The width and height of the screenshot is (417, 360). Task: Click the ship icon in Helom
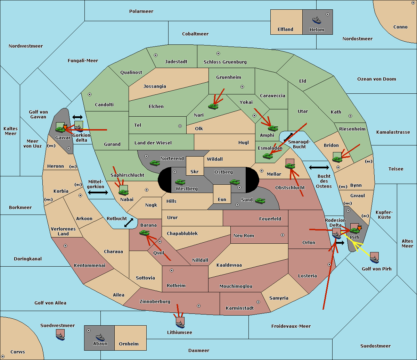point(317,20)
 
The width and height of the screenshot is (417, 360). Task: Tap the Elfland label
point(285,30)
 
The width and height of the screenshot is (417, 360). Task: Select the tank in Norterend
point(155,162)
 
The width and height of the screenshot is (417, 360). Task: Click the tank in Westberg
point(180,182)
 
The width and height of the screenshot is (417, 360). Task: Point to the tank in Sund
point(260,201)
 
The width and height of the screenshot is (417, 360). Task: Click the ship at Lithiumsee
point(180,323)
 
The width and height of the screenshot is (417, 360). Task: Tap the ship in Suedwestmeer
point(60,335)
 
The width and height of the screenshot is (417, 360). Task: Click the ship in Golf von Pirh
point(374,258)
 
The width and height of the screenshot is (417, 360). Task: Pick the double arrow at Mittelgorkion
point(98,192)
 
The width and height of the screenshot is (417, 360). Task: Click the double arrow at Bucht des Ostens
point(319,168)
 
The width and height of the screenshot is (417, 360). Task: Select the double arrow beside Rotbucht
point(129,223)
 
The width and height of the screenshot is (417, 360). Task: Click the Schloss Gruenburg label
point(225,62)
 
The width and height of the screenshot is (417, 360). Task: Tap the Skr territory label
point(195,171)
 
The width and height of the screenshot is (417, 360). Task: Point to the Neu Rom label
point(244,235)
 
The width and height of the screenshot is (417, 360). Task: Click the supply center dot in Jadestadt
point(155,55)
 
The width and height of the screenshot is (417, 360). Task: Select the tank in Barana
point(144,233)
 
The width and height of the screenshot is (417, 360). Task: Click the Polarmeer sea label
point(141,11)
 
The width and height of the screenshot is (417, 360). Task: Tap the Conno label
point(400,27)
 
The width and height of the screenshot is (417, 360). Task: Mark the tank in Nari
point(213,106)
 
